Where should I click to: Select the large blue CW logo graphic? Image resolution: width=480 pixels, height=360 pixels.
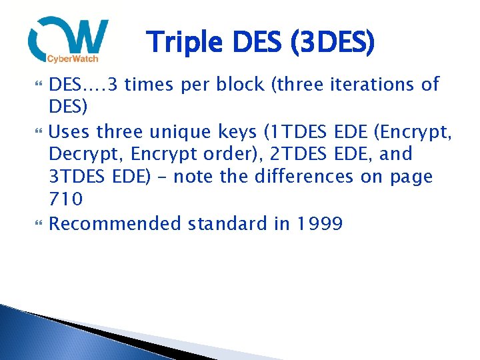(x=68, y=38)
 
